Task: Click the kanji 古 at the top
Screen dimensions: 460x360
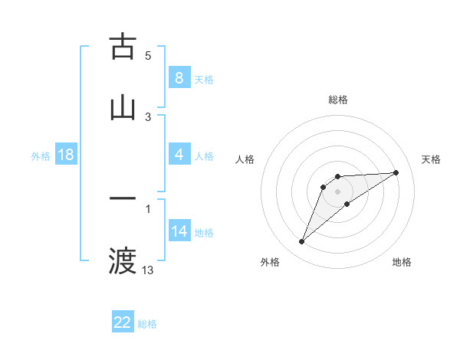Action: [x=123, y=47]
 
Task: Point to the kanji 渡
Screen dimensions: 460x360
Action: [x=123, y=260]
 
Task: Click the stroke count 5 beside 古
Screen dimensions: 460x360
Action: [x=148, y=56]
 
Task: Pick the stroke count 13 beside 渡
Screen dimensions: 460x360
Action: [x=148, y=270]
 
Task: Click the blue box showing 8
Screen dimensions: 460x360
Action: [x=179, y=78]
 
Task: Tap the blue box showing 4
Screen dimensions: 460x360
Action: [x=179, y=155]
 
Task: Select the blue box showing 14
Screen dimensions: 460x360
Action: [x=179, y=231]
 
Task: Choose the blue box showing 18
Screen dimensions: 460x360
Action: [x=66, y=155]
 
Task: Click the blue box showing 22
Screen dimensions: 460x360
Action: [x=123, y=322]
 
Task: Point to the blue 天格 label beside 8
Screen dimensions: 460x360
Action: [x=204, y=80]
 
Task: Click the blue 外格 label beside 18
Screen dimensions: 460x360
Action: [x=41, y=156]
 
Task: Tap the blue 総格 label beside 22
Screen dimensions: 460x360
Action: [x=147, y=324]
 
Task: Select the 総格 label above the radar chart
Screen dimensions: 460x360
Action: [x=338, y=100]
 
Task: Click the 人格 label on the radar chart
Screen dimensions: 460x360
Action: [x=245, y=159]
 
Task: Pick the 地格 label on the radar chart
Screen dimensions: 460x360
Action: [x=402, y=262]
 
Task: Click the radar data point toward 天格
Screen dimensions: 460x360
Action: [x=396, y=172]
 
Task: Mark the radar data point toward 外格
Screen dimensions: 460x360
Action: [x=302, y=242]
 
